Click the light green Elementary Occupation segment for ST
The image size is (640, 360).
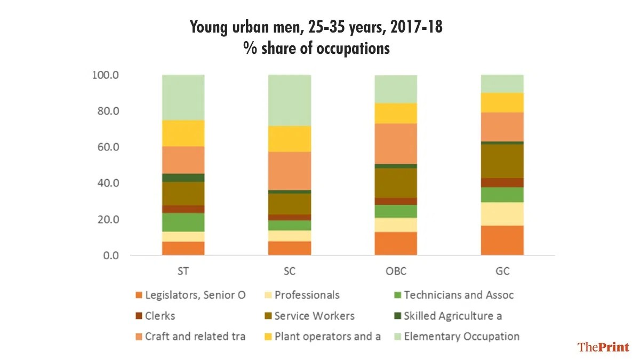[183, 97]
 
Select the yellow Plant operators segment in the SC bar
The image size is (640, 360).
[289, 139]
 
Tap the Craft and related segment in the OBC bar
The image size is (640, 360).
[396, 143]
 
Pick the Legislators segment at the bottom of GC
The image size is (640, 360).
[502, 240]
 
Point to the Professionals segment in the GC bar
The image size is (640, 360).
[502, 214]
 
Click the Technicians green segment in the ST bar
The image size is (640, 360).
[183, 222]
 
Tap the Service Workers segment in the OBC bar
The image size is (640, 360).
[396, 183]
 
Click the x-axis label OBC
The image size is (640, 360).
[396, 271]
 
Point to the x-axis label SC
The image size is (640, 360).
[289, 271]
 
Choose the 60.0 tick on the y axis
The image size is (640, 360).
[105, 147]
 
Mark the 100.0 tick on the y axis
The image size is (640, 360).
[103, 75]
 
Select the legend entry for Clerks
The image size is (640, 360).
[159, 316]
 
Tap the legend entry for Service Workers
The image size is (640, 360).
[314, 316]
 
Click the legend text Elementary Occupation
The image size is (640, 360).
[461, 337]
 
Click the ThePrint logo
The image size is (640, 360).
[603, 347]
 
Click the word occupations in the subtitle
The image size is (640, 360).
[354, 49]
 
